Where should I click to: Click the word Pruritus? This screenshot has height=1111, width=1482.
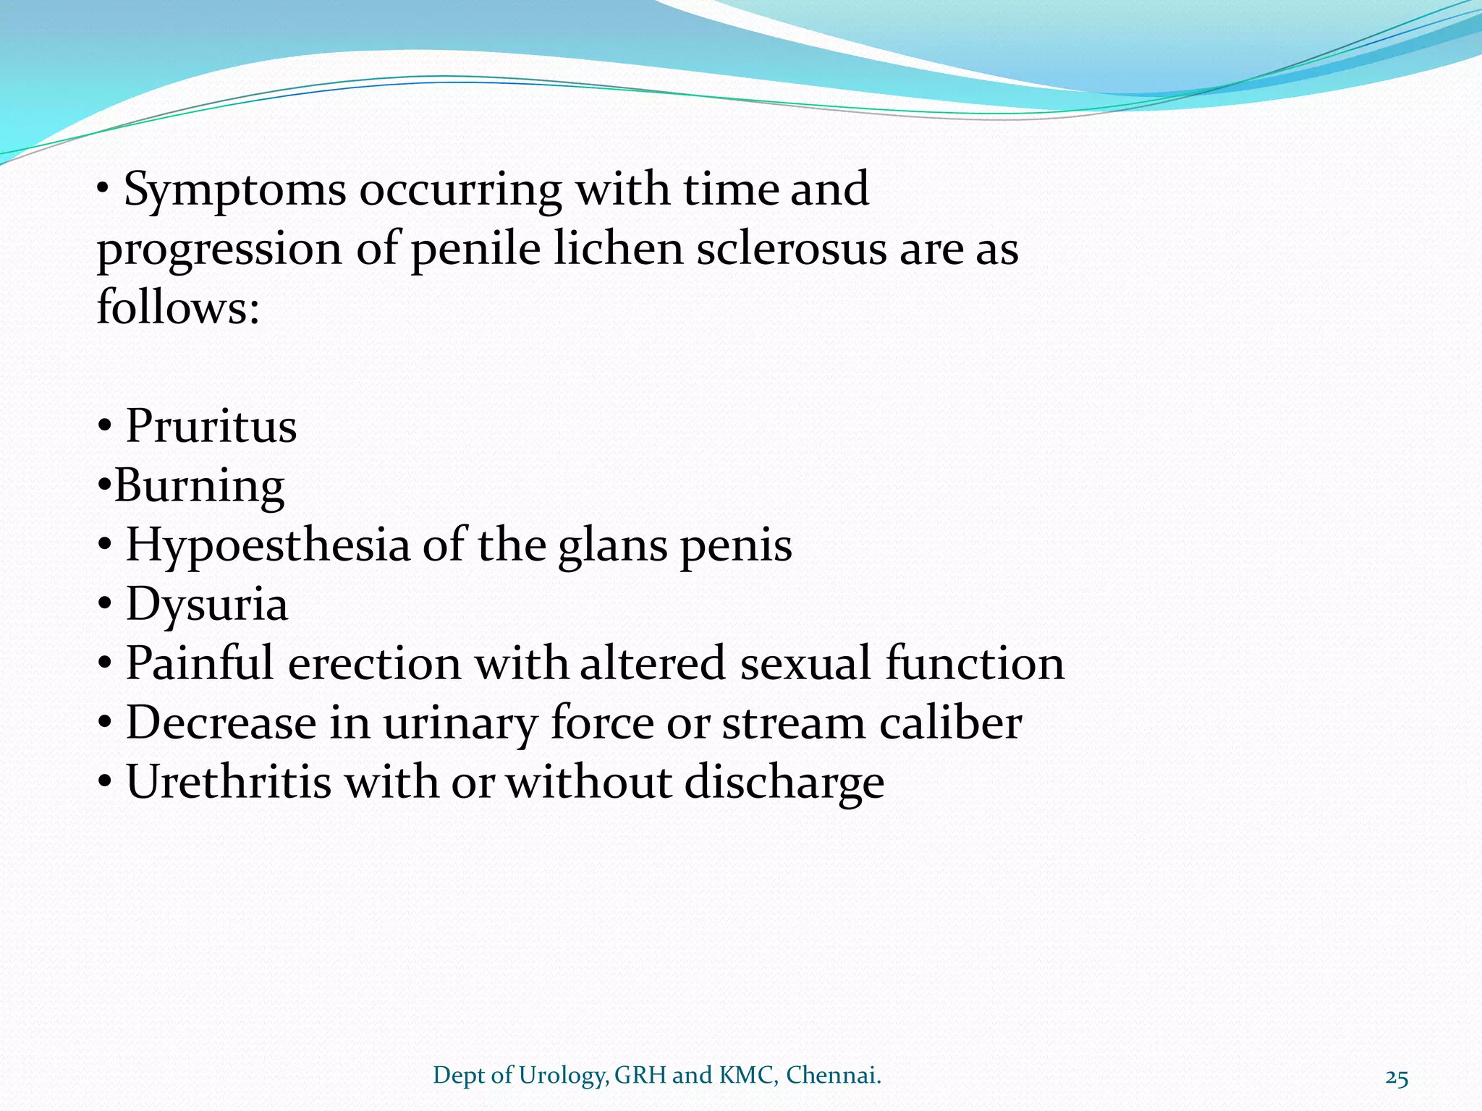click(x=211, y=426)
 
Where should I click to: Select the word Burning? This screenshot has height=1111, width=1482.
click(x=200, y=486)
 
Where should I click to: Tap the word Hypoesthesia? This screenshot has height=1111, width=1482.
click(x=268, y=546)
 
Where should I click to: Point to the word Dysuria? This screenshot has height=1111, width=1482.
click(x=207, y=605)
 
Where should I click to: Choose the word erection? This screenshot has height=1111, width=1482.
click(x=374, y=663)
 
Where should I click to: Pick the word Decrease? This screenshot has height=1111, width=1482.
click(x=221, y=723)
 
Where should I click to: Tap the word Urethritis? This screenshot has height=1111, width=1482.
click(x=229, y=782)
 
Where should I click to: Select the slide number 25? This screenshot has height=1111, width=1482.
click(x=1397, y=1078)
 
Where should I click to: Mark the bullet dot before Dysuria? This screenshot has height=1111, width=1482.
click(x=105, y=605)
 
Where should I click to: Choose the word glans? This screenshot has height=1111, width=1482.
click(x=612, y=546)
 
